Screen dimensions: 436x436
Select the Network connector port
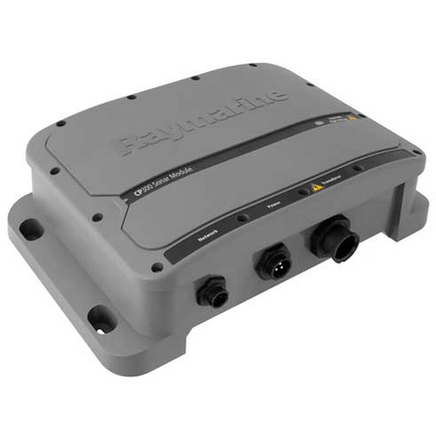point(212,292)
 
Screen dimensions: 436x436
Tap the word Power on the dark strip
point(274,206)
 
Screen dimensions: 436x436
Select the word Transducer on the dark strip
point(331,178)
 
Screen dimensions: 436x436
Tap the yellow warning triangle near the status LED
point(353,116)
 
